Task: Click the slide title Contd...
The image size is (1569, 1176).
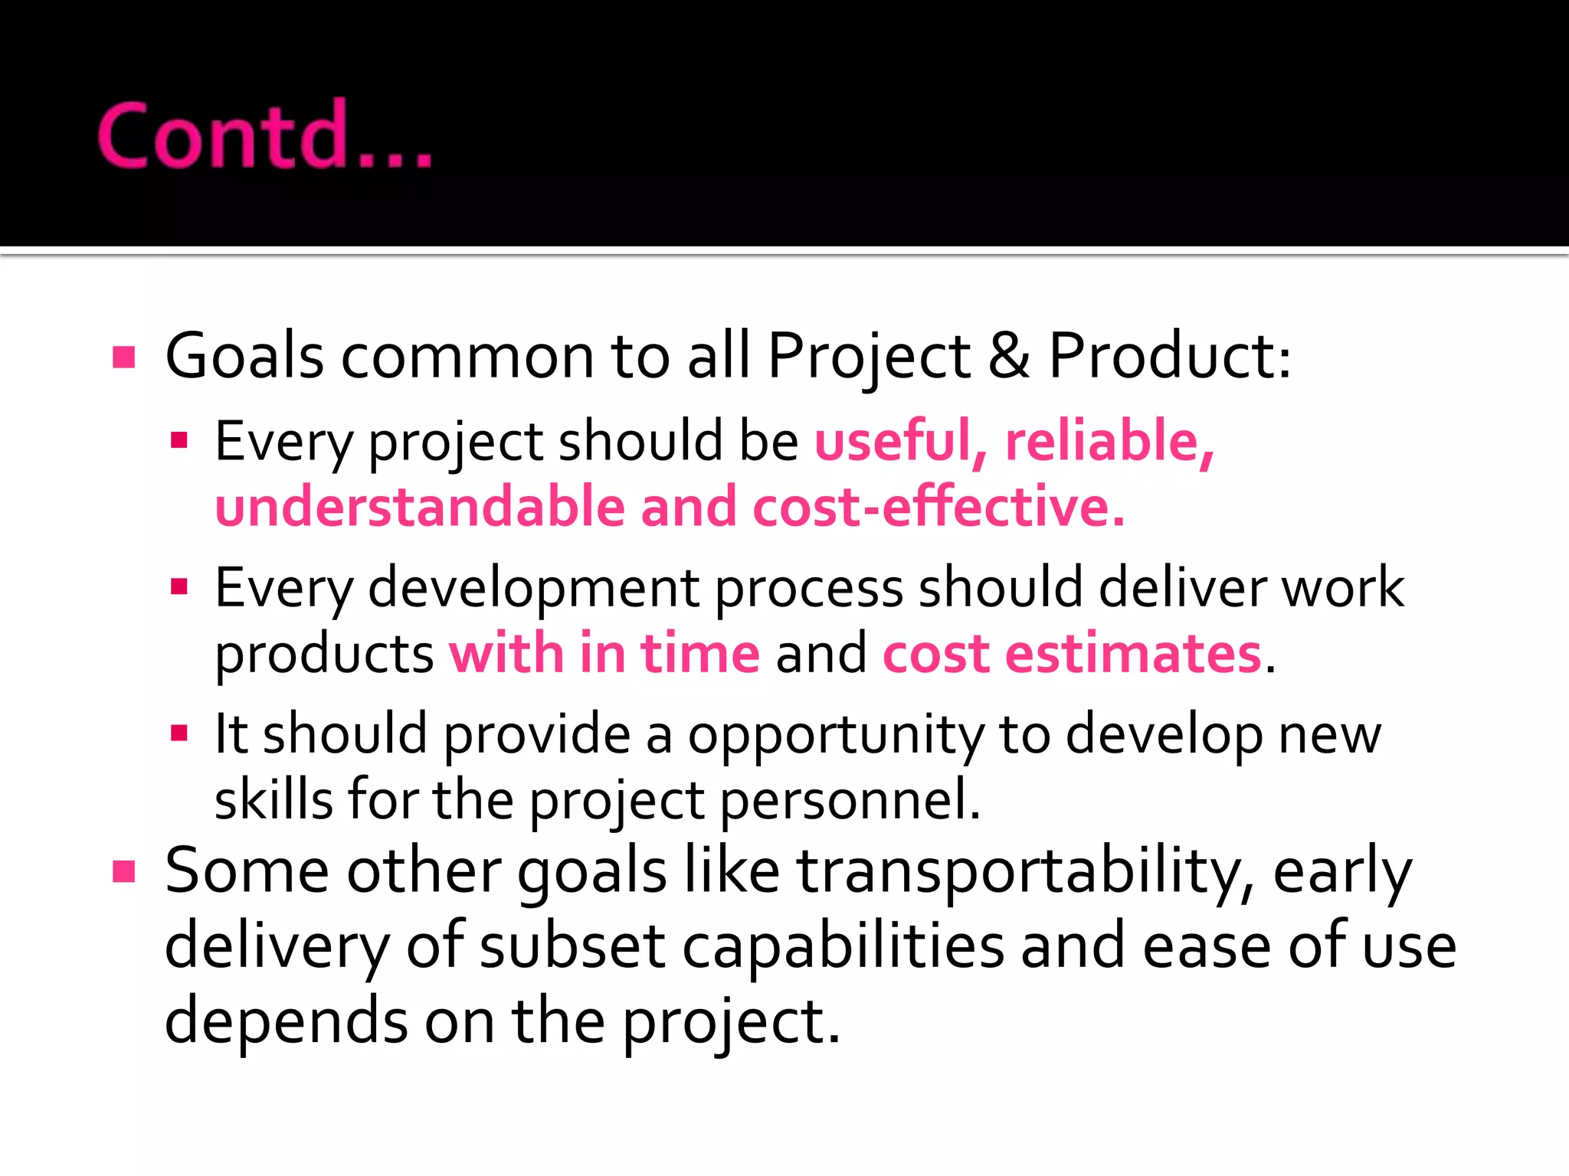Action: point(264,136)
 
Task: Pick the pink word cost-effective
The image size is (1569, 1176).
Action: point(938,508)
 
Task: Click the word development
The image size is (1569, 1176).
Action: point(533,588)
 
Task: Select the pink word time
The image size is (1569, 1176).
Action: point(699,654)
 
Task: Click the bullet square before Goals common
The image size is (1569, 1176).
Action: point(123,358)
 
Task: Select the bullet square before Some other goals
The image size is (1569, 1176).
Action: point(123,872)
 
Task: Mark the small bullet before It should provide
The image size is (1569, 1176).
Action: point(179,734)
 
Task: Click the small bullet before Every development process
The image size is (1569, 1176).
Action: point(179,588)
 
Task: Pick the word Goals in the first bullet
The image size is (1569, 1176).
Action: point(244,356)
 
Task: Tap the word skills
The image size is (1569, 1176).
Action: point(274,801)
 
